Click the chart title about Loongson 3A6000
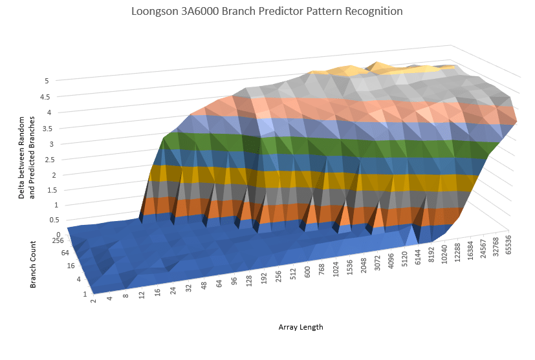pyautogui.click(x=267, y=12)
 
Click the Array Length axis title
pyautogui.click(x=301, y=327)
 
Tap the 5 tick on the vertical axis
pyautogui.click(x=47, y=81)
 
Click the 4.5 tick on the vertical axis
pyautogui.click(x=45, y=97)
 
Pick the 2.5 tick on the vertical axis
pyautogui.click(x=45, y=159)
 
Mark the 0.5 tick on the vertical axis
pyautogui.click(x=45, y=220)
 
